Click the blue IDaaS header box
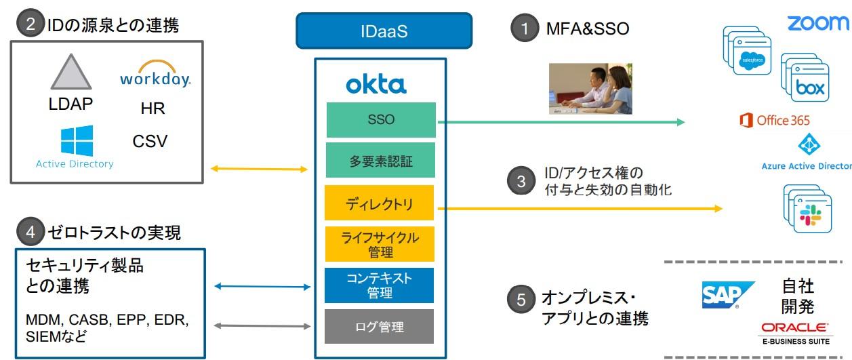pyautogui.click(x=384, y=31)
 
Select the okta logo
pyautogui.click(x=376, y=85)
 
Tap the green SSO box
pyautogui.click(x=381, y=120)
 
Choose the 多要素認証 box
pyautogui.click(x=381, y=160)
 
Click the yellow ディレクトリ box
pyautogui.click(x=379, y=203)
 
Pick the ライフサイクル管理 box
pyautogui.click(x=380, y=244)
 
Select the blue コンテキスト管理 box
pyautogui.click(x=379, y=285)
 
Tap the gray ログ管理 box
pyautogui.click(x=379, y=327)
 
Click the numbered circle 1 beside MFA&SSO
pyautogui.click(x=525, y=28)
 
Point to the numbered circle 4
pyautogui.click(x=31, y=232)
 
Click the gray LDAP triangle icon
pyautogui.click(x=70, y=72)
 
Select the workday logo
pyautogui.click(x=155, y=73)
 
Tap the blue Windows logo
pyautogui.click(x=77, y=141)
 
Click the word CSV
pyautogui.click(x=150, y=141)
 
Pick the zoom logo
pyautogui.click(x=817, y=23)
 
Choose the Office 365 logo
pyautogui.click(x=775, y=120)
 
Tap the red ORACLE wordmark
pyautogui.click(x=795, y=327)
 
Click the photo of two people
pyautogui.click(x=590, y=89)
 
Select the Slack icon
pyautogui.click(x=811, y=215)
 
